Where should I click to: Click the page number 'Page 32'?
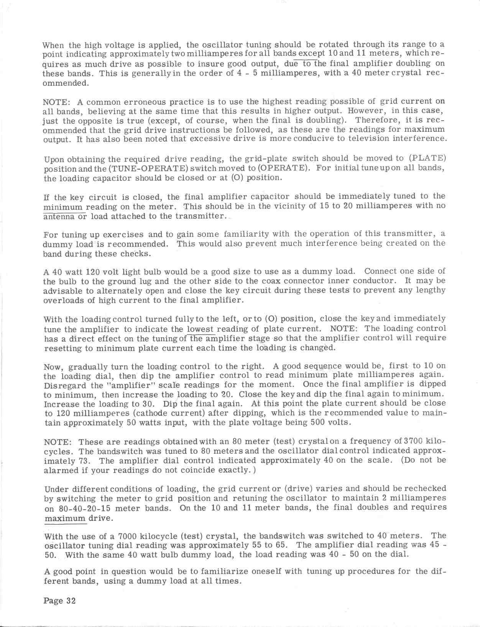(x=59, y=601)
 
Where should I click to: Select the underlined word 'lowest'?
(x=201, y=329)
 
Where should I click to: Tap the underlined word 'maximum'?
(x=65, y=519)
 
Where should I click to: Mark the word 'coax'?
(x=272, y=281)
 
